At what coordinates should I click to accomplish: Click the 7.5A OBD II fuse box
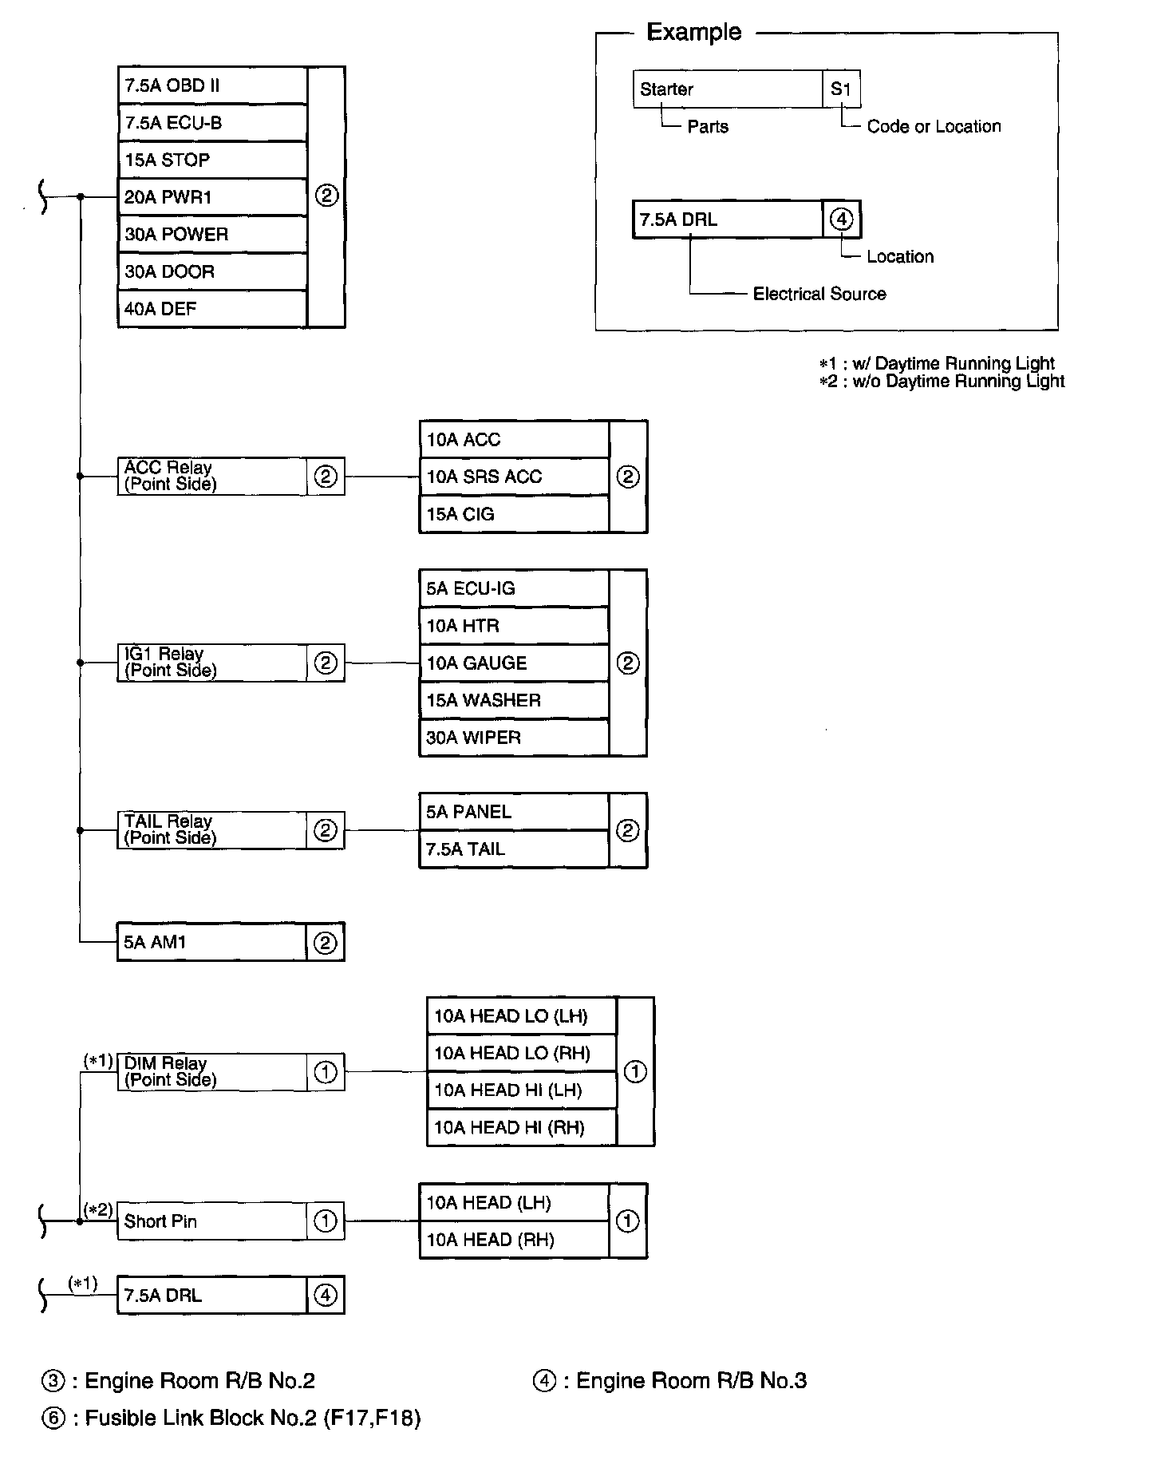tap(211, 85)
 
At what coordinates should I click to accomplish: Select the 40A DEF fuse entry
tap(211, 309)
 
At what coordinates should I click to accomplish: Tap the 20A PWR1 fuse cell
tap(211, 197)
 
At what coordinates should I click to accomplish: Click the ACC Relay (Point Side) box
tap(211, 477)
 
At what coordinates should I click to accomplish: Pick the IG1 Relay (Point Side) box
tap(211, 663)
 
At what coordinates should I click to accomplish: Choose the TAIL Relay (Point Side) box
tap(211, 830)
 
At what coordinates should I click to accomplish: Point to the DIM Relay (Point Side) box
tap(211, 1072)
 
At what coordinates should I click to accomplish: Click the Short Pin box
tap(211, 1221)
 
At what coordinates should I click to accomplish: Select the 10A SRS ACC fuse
tap(513, 477)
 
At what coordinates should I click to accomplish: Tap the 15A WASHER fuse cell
tap(513, 700)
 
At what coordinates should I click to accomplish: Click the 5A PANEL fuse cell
tap(513, 812)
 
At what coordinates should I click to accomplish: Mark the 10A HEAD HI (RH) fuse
tap(521, 1128)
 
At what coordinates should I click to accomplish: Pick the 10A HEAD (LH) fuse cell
tap(513, 1203)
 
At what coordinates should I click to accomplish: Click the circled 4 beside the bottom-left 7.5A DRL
tap(326, 1295)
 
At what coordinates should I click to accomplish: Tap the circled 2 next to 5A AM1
tap(326, 943)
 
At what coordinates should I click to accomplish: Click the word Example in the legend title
tap(693, 32)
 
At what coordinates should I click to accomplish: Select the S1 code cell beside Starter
tap(841, 89)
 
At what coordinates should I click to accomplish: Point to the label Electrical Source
tap(819, 294)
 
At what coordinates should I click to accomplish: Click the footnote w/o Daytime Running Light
tap(958, 382)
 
